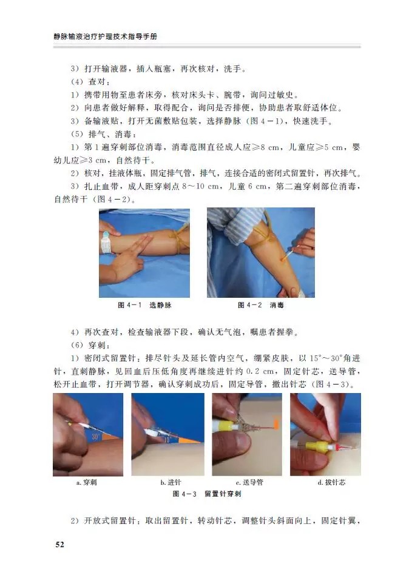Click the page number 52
(59, 544)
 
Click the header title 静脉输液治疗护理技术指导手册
(109, 37)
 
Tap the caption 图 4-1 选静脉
(144, 304)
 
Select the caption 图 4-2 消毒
(261, 304)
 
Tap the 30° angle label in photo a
(96, 436)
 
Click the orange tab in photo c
(276, 423)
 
